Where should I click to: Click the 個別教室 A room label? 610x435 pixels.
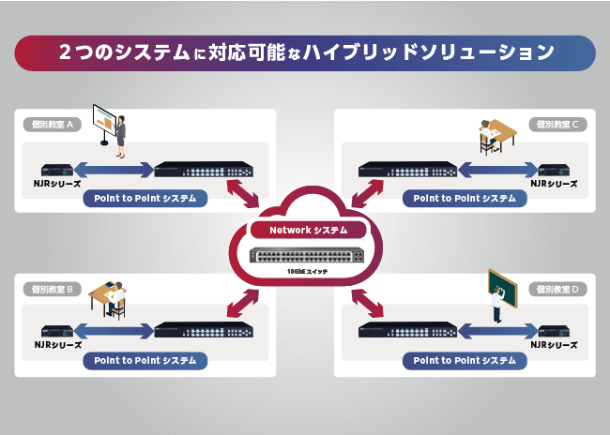pyautogui.click(x=53, y=124)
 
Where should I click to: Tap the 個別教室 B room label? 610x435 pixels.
pyautogui.click(x=53, y=289)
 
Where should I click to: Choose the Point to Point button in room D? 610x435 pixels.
pyautogui.click(x=465, y=360)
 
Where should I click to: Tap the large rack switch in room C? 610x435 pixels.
pyautogui.click(x=407, y=171)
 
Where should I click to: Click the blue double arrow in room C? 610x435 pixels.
pyautogui.click(x=496, y=171)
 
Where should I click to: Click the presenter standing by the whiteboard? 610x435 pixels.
pyautogui.click(x=119, y=132)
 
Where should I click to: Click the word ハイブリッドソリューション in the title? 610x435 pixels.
pyautogui.click(x=438, y=52)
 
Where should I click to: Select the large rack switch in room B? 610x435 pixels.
pyautogui.click(x=204, y=330)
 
